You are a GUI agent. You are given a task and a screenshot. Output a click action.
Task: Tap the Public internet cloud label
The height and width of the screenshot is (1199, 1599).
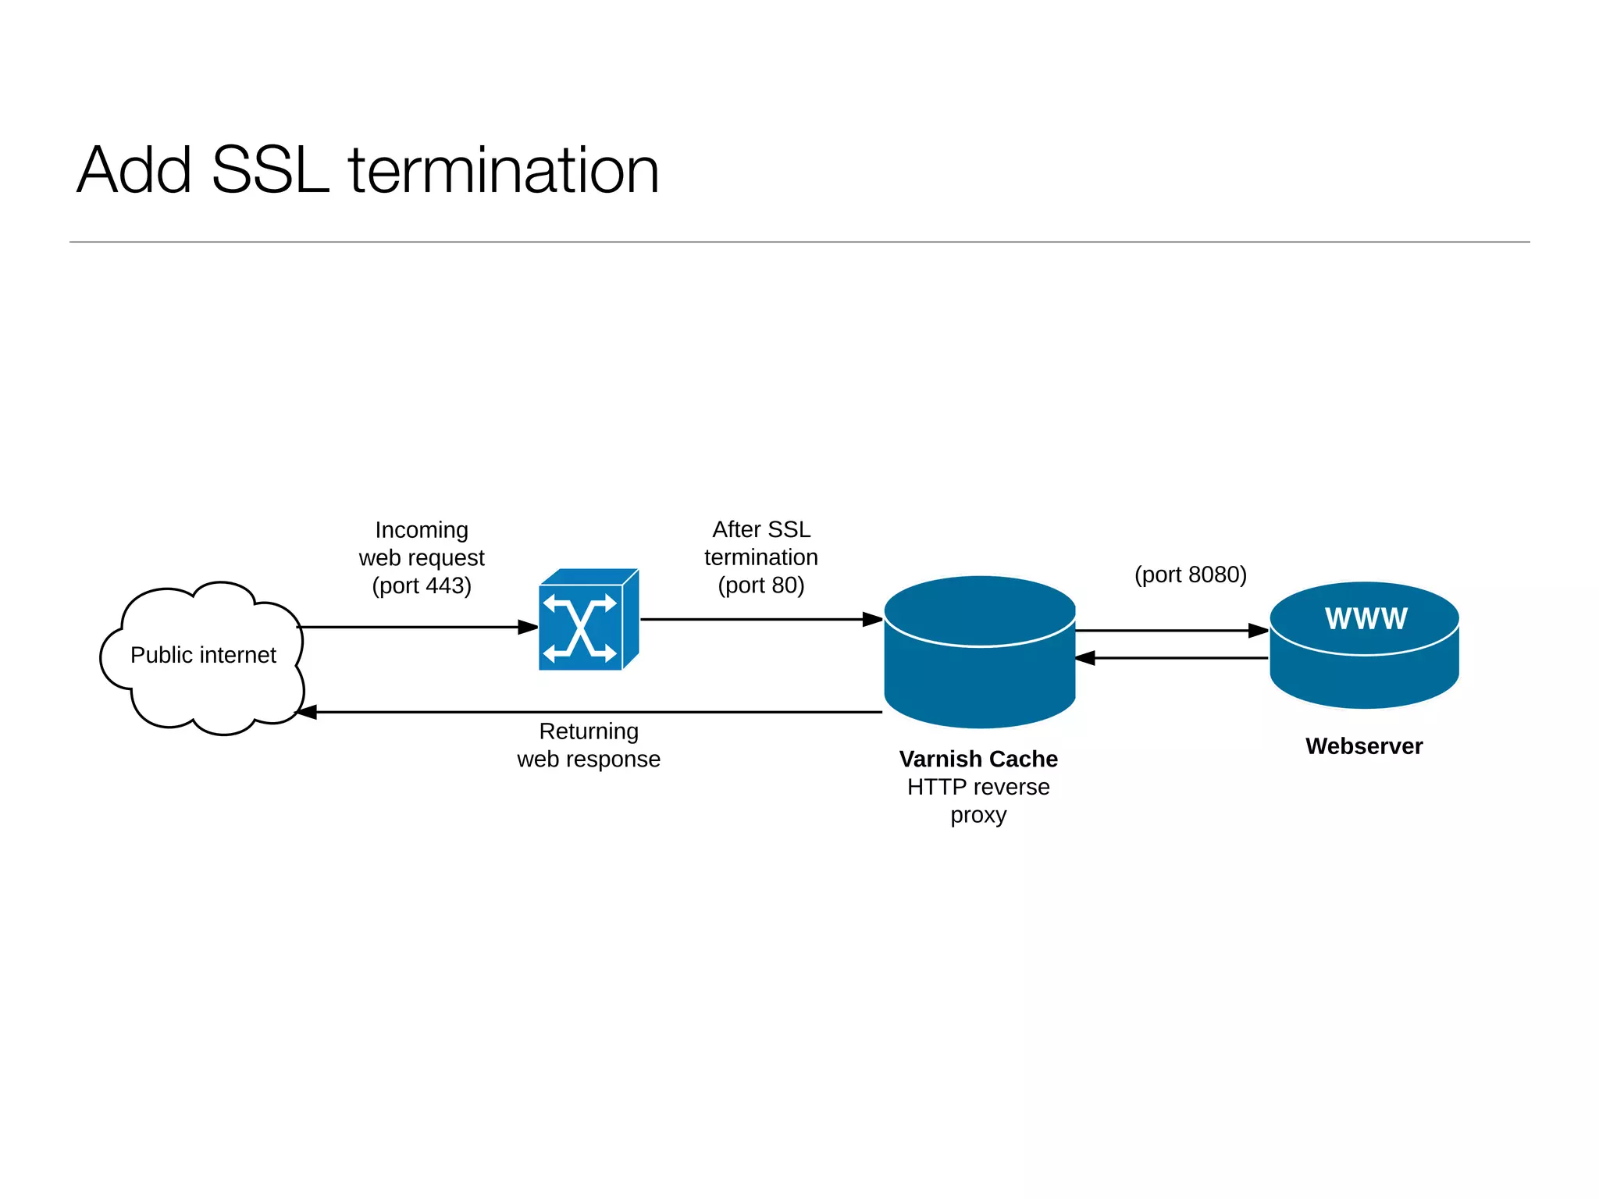pyautogui.click(x=203, y=655)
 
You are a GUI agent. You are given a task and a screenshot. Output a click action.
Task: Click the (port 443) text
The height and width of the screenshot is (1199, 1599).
pyautogui.click(x=422, y=585)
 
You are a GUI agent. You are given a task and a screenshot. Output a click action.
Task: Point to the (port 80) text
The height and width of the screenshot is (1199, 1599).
pyautogui.click(x=761, y=585)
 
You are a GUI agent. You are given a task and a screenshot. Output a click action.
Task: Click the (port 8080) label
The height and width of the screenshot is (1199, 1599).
pyautogui.click(x=1190, y=575)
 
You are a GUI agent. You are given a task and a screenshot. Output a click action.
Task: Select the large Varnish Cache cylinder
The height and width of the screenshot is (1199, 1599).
pyautogui.click(x=979, y=671)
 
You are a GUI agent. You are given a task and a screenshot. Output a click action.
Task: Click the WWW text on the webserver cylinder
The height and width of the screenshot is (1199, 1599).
pyautogui.click(x=1366, y=619)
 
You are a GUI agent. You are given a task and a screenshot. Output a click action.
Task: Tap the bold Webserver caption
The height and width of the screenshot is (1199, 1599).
pyautogui.click(x=1364, y=746)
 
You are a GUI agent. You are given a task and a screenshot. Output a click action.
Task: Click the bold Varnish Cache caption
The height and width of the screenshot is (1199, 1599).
pyautogui.click(x=978, y=759)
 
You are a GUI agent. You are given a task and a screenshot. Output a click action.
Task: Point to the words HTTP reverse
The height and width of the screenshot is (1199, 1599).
pyautogui.click(x=978, y=787)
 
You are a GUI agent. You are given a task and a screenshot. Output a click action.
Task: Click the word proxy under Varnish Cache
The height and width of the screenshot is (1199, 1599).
pyautogui.click(x=978, y=815)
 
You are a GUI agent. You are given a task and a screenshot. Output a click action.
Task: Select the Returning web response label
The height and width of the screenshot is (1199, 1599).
pyautogui.click(x=589, y=745)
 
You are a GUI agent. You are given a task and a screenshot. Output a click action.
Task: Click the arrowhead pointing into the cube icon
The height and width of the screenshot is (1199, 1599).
pyautogui.click(x=528, y=627)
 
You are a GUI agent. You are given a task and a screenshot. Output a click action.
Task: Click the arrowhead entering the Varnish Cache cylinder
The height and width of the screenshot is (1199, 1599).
pyautogui.click(x=872, y=620)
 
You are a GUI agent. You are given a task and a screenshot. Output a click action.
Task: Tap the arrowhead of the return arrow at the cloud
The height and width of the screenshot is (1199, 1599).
pyautogui.click(x=307, y=712)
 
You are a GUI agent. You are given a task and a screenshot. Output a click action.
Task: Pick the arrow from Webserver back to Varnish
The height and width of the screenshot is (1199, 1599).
pyautogui.click(x=1171, y=658)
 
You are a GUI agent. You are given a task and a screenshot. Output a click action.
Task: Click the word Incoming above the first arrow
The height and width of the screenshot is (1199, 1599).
pyautogui.click(x=422, y=530)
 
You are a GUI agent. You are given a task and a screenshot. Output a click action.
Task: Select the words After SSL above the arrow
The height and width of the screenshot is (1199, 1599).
pyautogui.click(x=761, y=529)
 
